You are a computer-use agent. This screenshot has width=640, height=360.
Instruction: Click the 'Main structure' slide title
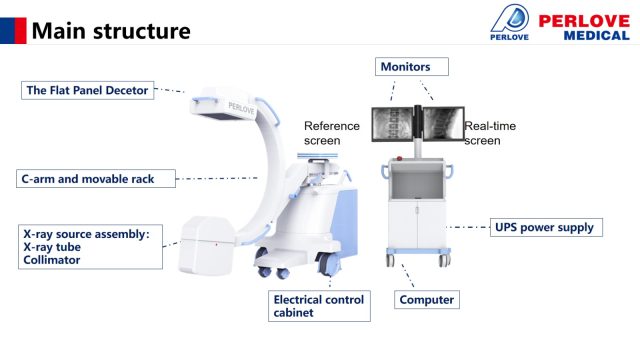tap(111, 31)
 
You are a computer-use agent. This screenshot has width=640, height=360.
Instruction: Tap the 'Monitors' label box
tap(412, 67)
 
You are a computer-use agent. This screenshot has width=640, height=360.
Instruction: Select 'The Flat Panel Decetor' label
tap(87, 90)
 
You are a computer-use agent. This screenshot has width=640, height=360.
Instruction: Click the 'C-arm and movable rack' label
tap(96, 179)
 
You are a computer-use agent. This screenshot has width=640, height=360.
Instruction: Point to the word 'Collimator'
tap(52, 260)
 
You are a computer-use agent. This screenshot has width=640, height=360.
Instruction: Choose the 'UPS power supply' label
tap(546, 227)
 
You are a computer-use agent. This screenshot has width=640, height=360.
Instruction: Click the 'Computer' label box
tap(427, 300)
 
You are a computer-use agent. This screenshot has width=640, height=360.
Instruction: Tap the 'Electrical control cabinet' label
tap(319, 306)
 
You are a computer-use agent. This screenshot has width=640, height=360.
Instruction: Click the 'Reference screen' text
tap(331, 133)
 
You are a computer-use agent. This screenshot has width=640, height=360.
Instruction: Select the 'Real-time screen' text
tap(490, 133)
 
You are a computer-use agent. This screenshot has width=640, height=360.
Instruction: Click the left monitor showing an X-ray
tap(392, 124)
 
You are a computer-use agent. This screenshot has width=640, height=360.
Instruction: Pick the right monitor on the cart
tap(443, 124)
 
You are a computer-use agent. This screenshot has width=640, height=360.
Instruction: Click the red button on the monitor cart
tap(399, 158)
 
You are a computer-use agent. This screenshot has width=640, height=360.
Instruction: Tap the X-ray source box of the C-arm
tap(206, 245)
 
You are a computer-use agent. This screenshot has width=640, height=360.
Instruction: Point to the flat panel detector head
tap(224, 104)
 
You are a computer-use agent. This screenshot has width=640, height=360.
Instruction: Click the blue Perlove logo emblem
tap(510, 19)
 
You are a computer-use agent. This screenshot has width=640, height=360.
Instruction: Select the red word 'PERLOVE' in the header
tap(584, 21)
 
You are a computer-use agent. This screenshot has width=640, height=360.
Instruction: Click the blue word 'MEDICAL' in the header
tap(597, 36)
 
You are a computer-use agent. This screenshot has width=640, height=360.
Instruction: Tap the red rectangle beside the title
tap(20, 31)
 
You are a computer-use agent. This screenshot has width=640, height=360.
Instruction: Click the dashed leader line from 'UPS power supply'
tap(468, 227)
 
